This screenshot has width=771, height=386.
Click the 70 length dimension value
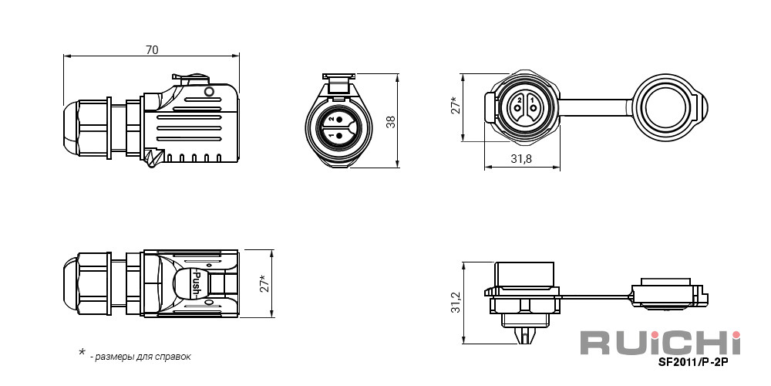click(x=152, y=49)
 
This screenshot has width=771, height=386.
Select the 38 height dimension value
click(x=391, y=122)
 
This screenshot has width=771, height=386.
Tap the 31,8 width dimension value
click(x=522, y=158)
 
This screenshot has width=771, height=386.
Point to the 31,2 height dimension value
click(x=456, y=303)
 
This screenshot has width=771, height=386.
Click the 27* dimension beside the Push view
click(x=265, y=283)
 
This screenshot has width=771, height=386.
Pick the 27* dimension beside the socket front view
click(x=456, y=105)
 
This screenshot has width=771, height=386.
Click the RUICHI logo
click(x=660, y=343)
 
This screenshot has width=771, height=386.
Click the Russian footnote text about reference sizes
click(x=140, y=357)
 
